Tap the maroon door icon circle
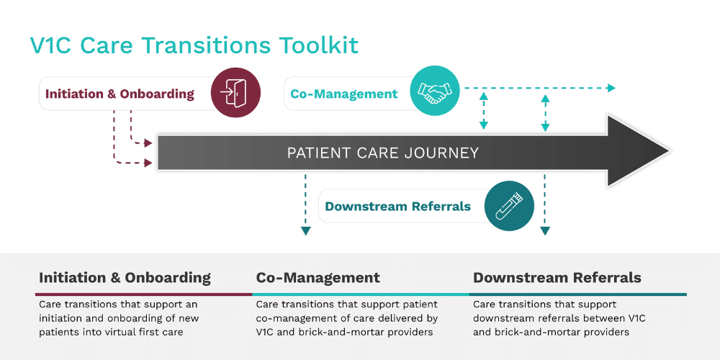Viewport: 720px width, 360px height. click(x=235, y=93)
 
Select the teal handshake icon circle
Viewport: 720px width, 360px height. click(x=434, y=91)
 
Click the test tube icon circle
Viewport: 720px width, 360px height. click(x=509, y=206)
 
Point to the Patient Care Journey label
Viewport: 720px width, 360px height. click(x=383, y=153)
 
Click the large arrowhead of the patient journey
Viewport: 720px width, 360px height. click(x=638, y=151)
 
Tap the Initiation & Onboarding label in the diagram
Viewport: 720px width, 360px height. click(x=120, y=94)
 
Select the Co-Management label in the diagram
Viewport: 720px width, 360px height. click(x=344, y=94)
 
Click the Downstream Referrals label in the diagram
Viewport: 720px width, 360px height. click(x=397, y=206)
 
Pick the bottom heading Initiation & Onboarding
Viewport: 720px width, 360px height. click(x=125, y=277)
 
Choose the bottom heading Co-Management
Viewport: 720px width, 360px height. click(x=318, y=277)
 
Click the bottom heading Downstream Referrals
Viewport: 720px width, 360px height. click(x=557, y=277)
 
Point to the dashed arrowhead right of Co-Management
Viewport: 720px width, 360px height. click(x=611, y=88)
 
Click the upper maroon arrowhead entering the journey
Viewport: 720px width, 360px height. click(x=148, y=143)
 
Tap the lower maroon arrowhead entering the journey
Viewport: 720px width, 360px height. click(x=148, y=163)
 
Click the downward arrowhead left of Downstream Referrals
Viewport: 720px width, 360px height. click(x=305, y=231)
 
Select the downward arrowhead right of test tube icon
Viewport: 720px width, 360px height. click(x=545, y=231)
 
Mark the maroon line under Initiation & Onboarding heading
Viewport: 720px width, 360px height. click(x=144, y=294)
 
